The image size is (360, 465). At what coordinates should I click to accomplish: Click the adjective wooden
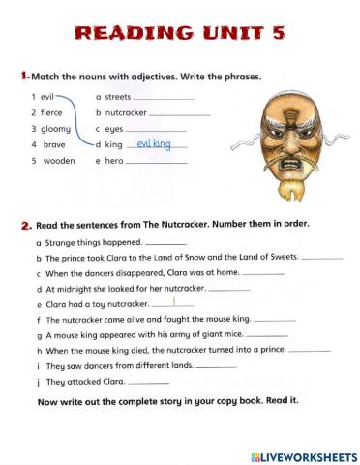[x=57, y=160]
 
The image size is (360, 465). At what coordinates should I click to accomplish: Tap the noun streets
[x=117, y=97]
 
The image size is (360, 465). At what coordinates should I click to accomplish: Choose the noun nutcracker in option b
[x=126, y=112]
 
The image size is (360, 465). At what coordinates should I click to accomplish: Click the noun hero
[x=114, y=160]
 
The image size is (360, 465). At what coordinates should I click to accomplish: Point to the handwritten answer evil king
[x=154, y=143]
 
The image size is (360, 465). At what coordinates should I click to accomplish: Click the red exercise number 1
[x=23, y=76]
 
